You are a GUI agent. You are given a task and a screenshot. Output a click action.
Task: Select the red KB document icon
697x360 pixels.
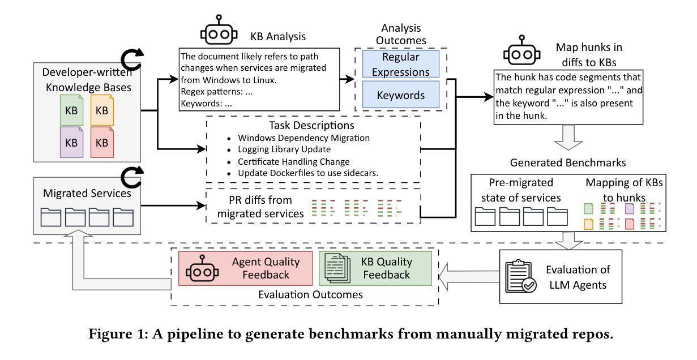[x=102, y=141]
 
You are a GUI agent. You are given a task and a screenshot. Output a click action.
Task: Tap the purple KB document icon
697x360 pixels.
[x=71, y=141]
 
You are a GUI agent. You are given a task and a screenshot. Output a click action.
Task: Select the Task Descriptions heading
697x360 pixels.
[x=312, y=125]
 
